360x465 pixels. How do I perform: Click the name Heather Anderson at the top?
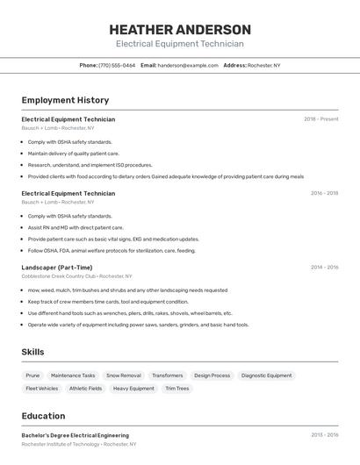tap(180, 29)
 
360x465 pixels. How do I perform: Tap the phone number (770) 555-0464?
tap(117, 65)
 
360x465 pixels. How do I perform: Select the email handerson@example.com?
tap(188, 65)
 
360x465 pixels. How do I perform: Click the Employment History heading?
tap(65, 100)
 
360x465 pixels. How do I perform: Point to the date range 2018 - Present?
tap(320, 119)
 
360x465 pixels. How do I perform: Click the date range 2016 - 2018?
tap(324, 193)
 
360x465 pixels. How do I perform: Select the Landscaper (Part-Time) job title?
tap(57, 268)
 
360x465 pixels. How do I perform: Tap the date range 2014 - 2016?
tap(324, 268)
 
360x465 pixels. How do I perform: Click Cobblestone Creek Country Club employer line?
tap(76, 275)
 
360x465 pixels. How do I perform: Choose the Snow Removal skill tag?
tap(124, 376)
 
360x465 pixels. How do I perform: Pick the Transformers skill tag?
tap(168, 376)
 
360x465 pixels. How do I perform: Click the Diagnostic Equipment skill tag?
tap(266, 376)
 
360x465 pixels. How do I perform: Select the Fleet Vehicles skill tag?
tap(42, 389)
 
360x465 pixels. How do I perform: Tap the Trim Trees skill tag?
tap(176, 389)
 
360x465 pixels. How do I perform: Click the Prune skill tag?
tap(32, 376)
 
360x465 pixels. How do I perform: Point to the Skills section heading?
tap(33, 352)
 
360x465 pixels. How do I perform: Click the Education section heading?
tap(43, 416)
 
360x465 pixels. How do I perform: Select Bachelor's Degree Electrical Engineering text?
tap(75, 435)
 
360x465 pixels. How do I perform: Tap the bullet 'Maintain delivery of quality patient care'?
tap(74, 154)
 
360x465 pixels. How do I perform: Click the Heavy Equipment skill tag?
tap(133, 389)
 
